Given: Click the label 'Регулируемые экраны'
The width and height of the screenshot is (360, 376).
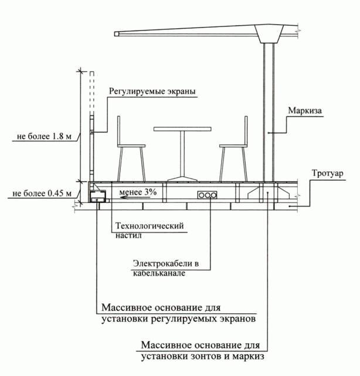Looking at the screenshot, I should tap(151, 92).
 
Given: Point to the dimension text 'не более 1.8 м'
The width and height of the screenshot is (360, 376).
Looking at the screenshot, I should tap(44, 137).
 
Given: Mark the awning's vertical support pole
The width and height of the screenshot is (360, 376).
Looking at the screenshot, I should tap(269, 111).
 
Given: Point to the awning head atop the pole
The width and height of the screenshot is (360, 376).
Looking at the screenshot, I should tap(273, 33).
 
